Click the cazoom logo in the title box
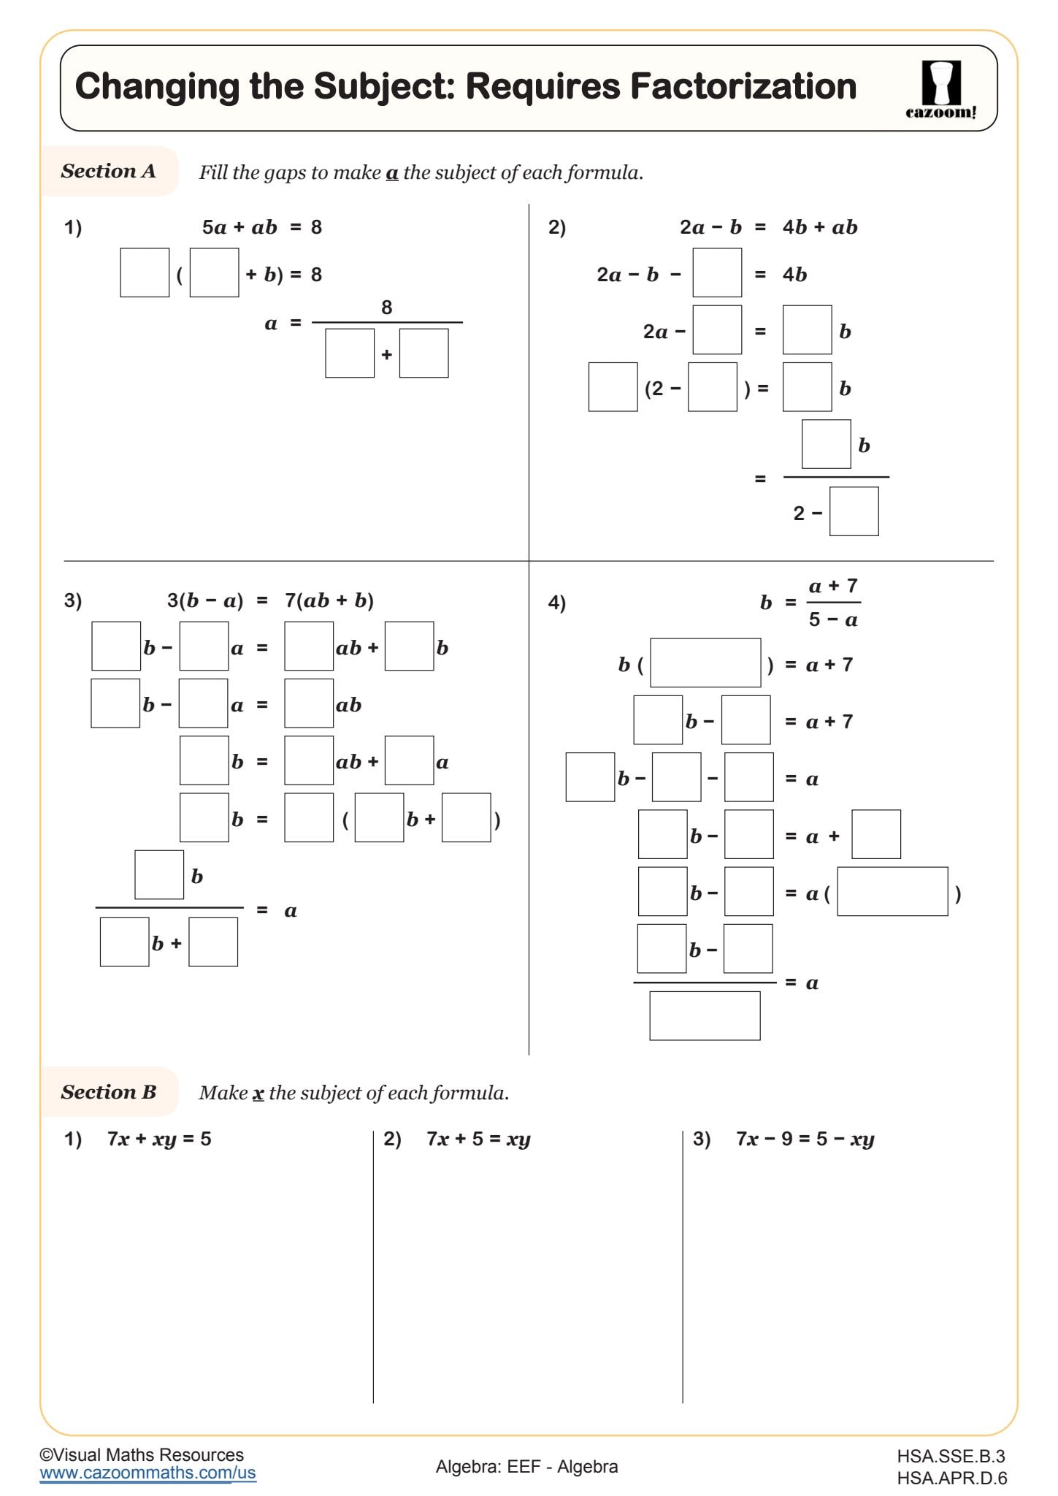940,89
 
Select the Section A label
108,171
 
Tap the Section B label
108,1092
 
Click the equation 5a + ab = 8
261,227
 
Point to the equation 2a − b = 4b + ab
768,227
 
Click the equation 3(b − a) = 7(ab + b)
270,600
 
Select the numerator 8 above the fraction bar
386,308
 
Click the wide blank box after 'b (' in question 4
705,663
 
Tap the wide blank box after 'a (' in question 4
892,891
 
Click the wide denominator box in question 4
705,1015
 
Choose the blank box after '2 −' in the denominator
854,511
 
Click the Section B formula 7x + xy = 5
159,1139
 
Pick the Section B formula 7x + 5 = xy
478,1139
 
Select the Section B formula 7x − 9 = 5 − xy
805,1139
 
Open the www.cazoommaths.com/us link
147,1473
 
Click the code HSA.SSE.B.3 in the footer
951,1457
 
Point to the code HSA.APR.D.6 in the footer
951,1478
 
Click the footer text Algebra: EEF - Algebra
526,1467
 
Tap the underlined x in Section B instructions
258,1094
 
